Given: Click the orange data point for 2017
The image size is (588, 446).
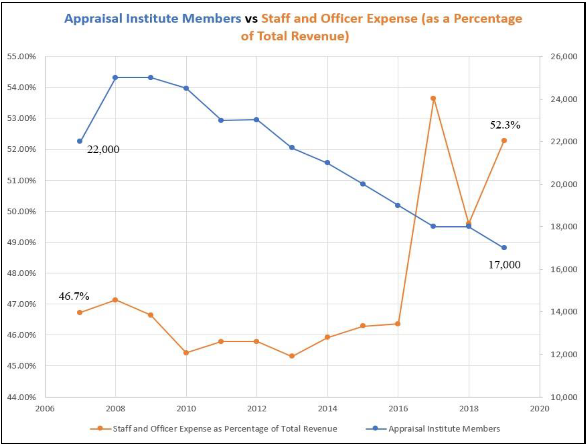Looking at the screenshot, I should (x=433, y=99).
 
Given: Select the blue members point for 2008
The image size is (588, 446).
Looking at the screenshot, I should (x=115, y=78).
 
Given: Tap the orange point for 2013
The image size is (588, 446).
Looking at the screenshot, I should (x=292, y=356).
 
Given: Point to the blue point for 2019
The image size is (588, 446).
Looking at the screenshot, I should (x=504, y=248).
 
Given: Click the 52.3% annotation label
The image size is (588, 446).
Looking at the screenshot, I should (x=505, y=125).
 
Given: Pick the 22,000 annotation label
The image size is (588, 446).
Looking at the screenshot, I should (x=103, y=150).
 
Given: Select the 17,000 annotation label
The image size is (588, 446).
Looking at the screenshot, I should (x=504, y=265).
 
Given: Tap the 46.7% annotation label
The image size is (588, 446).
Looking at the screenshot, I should (x=74, y=296).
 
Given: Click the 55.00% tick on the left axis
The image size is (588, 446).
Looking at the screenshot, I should (x=21, y=56).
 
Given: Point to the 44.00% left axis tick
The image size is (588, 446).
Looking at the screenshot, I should (x=21, y=397).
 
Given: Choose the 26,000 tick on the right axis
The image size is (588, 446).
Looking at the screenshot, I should (x=564, y=56).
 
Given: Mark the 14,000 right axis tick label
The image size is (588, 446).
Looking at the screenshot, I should (x=564, y=312).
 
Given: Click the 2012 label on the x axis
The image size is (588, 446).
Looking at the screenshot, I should (x=257, y=409).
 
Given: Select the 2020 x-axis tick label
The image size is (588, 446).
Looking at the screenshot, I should (x=539, y=409).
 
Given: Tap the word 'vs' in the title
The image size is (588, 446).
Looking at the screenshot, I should (x=251, y=18).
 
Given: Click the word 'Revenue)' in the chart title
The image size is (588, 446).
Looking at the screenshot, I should (x=320, y=36).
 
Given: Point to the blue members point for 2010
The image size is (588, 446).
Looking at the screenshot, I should (x=186, y=88).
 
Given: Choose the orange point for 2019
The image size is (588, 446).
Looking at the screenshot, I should (x=504, y=141).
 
